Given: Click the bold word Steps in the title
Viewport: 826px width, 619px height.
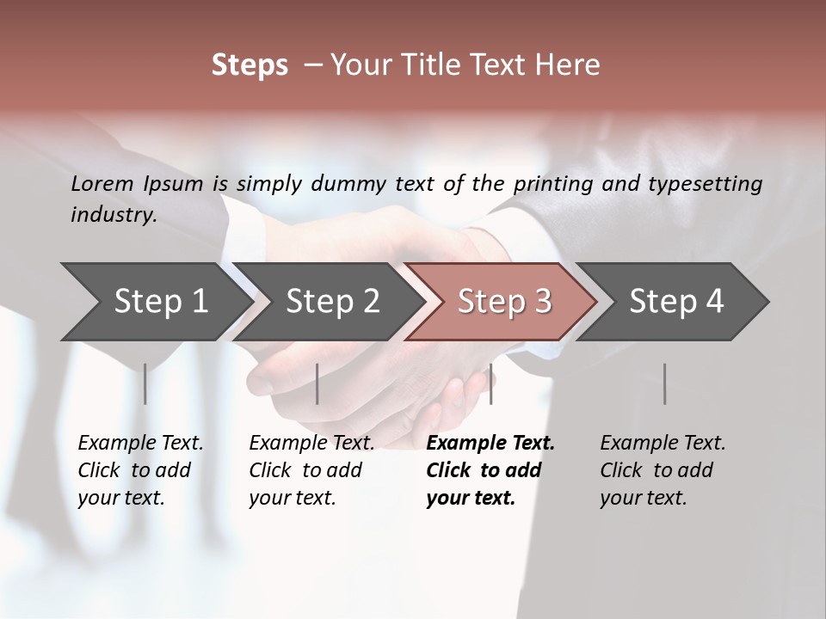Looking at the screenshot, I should [x=250, y=65].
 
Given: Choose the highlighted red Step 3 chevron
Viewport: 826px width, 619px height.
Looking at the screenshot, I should [x=504, y=301].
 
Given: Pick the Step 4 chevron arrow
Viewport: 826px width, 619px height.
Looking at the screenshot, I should [x=676, y=301].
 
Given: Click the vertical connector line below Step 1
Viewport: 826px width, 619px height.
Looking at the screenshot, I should [x=145, y=383].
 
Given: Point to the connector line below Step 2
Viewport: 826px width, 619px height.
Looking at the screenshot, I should [x=317, y=383].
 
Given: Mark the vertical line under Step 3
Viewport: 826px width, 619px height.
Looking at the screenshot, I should [x=490, y=383].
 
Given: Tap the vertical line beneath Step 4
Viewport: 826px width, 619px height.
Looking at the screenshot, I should [x=664, y=383].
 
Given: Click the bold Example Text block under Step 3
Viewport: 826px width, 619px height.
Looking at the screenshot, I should [x=489, y=470].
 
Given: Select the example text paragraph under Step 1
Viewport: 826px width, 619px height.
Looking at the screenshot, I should [x=140, y=470].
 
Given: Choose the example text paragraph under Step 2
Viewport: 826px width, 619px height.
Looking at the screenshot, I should [x=311, y=470].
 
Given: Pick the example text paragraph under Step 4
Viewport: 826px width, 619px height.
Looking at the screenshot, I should [x=663, y=470].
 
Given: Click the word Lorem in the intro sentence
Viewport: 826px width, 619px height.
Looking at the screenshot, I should [x=102, y=183].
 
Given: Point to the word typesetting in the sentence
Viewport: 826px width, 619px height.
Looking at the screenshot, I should [x=712, y=184].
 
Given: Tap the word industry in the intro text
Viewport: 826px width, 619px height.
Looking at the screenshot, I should [x=113, y=215].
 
